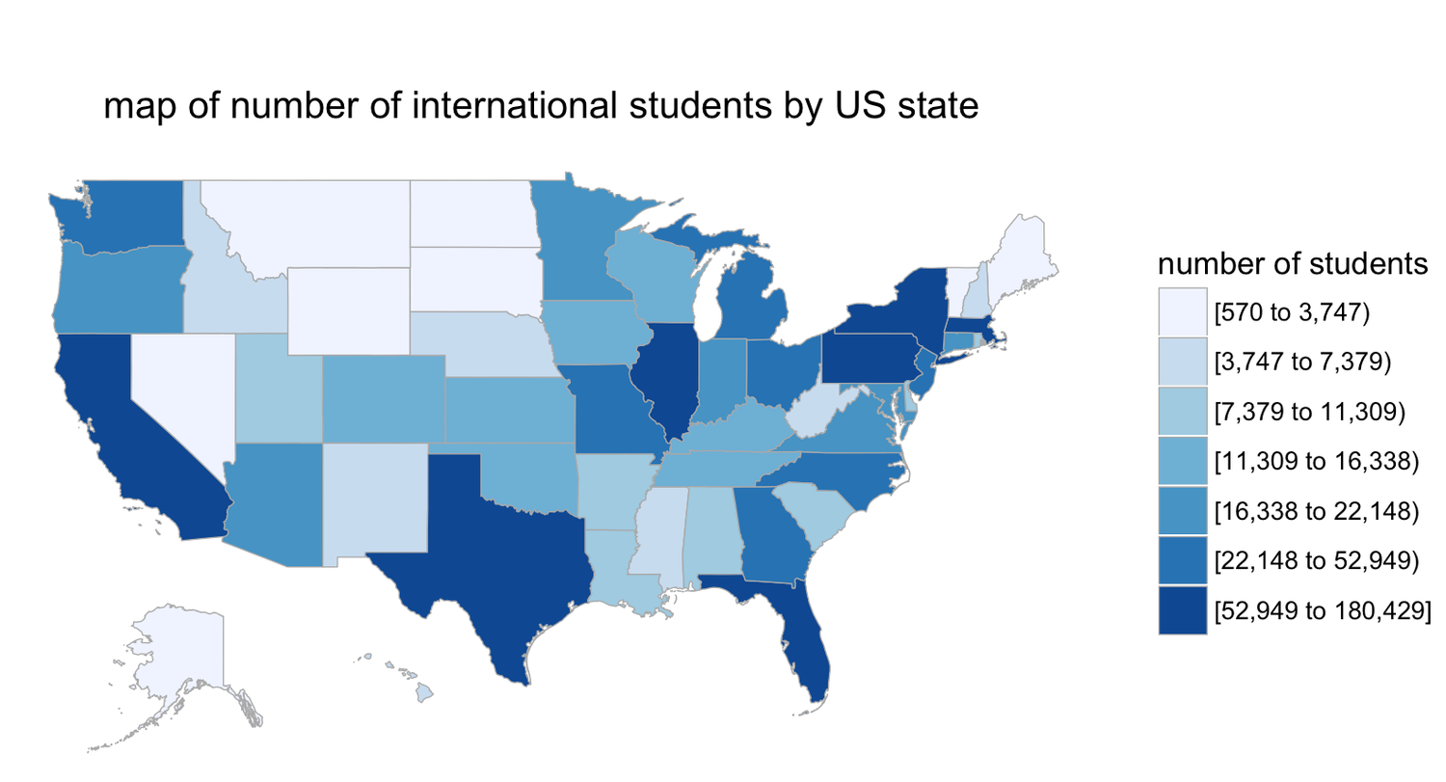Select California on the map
[116, 424]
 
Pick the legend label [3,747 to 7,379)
[1306, 363]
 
